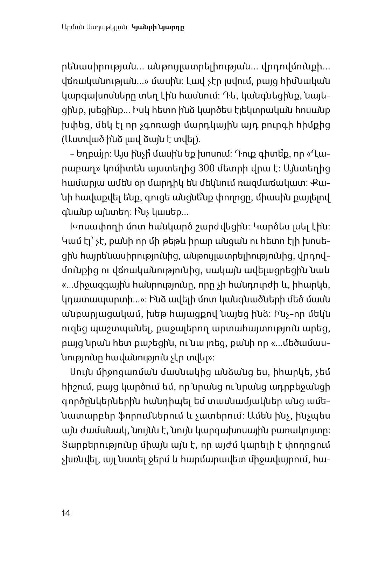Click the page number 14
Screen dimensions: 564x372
pyautogui.click(x=66, y=513)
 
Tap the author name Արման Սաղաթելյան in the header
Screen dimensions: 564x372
pyautogui.click(x=93, y=27)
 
